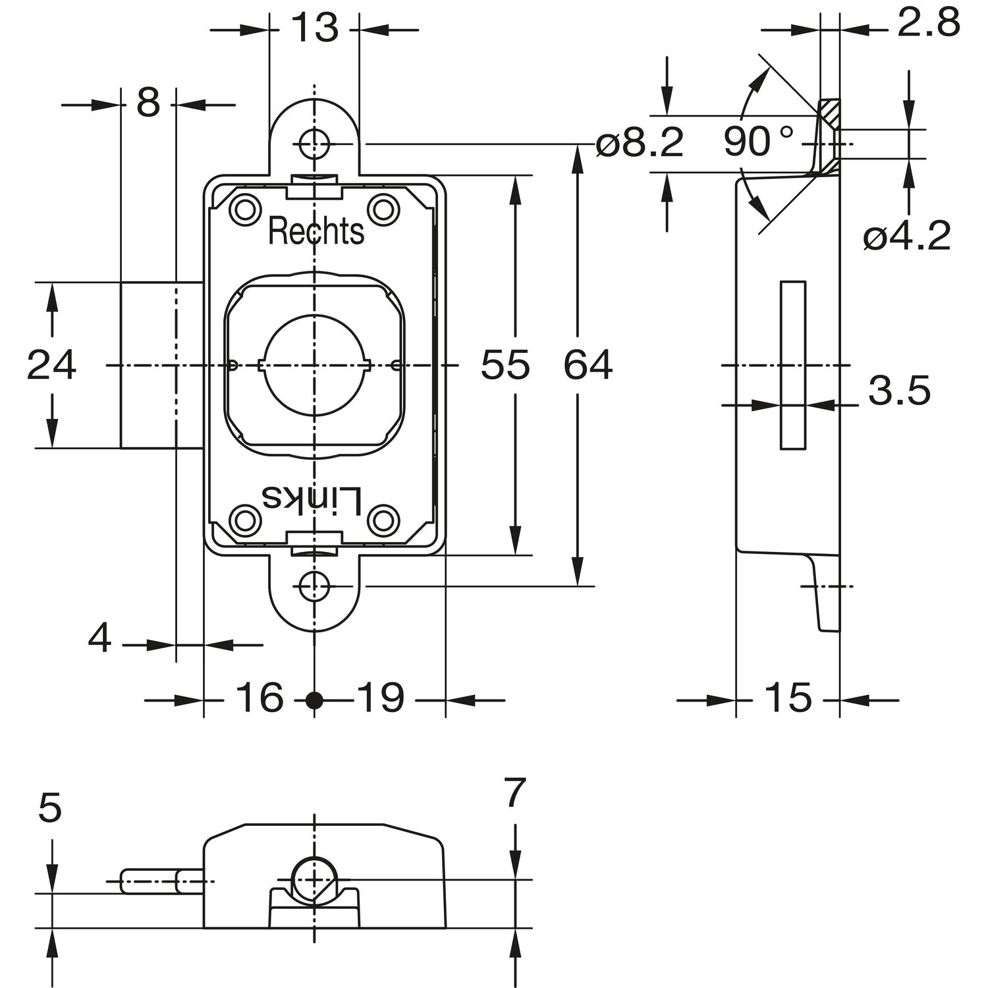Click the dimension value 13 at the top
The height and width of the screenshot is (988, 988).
(314, 28)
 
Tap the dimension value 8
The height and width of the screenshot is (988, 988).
(148, 103)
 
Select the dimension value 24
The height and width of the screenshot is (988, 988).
(51, 365)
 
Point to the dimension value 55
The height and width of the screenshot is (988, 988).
(505, 365)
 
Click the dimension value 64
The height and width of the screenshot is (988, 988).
(588, 365)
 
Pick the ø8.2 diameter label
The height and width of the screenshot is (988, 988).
(640, 143)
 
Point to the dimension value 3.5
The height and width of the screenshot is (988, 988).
(899, 391)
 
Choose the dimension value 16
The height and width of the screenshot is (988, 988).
(260, 698)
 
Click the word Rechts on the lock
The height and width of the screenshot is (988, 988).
(316, 232)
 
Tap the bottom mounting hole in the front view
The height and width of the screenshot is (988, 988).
(314, 586)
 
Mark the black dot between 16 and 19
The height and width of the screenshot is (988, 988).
(316, 700)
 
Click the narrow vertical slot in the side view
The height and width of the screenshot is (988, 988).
(793, 366)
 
